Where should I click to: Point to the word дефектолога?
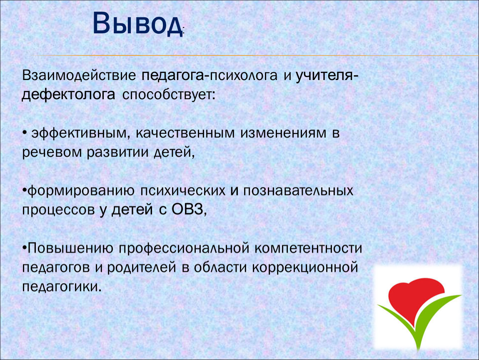[68, 95]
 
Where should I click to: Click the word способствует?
[169, 95]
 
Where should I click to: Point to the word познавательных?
[298, 191]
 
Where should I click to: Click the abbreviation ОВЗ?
[187, 210]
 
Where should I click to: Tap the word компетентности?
[308, 248]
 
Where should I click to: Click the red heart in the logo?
[416, 300]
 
